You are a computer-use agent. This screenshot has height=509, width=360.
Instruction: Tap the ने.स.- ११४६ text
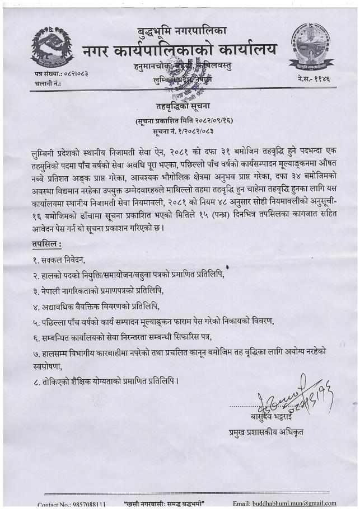(314, 80)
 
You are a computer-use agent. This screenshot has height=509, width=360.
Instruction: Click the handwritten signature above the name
(280, 397)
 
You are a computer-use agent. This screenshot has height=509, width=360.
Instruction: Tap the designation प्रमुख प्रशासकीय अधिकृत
(266, 431)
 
